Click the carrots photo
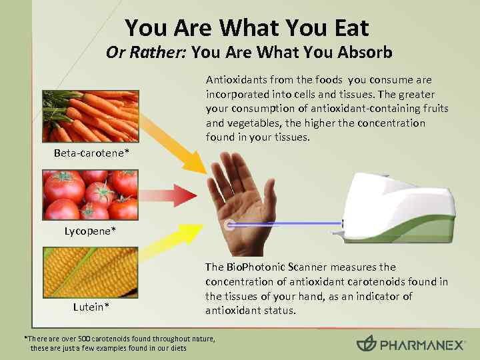tap(91, 117)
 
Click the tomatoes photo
tap(91, 194)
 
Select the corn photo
tap(91, 272)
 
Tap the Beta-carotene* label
tap(92, 154)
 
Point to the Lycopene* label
tap(91, 231)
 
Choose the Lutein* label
tap(91, 307)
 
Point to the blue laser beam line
tap(287, 224)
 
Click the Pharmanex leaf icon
tap(366, 344)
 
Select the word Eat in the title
tap(345, 28)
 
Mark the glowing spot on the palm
tap(230, 224)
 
